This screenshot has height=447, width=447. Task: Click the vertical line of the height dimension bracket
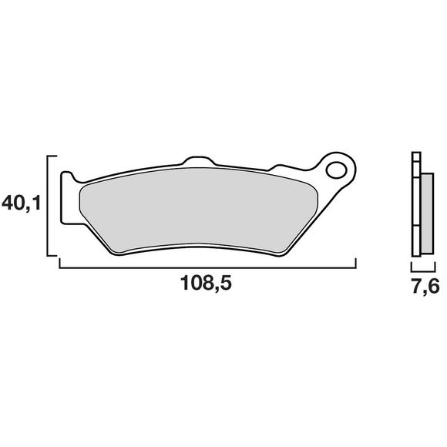point(49,204)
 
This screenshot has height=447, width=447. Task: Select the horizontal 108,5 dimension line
point(208,267)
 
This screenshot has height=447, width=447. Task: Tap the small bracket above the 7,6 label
point(421,267)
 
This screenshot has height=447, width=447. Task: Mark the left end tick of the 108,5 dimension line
point(60,264)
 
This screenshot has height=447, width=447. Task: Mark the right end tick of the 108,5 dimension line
point(355,264)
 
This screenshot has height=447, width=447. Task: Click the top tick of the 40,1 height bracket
point(53,155)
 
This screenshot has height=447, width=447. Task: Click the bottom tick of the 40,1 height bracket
point(53,254)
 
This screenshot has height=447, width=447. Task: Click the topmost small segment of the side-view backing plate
point(416,157)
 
